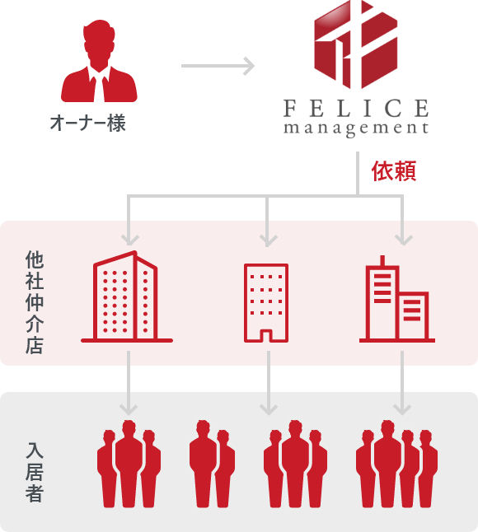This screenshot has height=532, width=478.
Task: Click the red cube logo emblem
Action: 356,48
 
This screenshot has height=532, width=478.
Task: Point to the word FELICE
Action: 356,107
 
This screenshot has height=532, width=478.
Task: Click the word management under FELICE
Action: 356,128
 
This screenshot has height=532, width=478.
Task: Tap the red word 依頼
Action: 393,171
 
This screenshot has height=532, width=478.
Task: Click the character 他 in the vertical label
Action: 34,259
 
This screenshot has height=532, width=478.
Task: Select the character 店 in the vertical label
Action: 34,345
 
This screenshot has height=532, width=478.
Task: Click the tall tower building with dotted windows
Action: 125,296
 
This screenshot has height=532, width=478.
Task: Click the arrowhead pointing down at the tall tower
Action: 128,239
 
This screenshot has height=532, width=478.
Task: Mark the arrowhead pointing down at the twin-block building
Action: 403,239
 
